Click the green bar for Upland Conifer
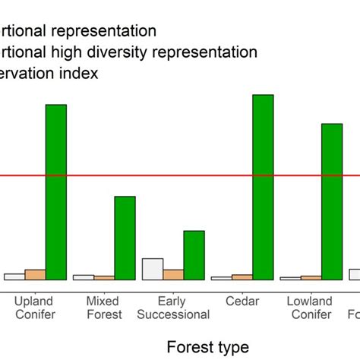click(56, 192)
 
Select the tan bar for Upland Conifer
click(35, 275)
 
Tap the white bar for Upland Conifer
click(14, 276)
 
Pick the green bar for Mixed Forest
click(125, 238)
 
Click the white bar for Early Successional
click(153, 270)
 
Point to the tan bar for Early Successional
click(173, 274)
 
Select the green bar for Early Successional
click(194, 255)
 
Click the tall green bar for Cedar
click(263, 187)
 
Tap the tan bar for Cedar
click(242, 277)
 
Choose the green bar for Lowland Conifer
click(332, 201)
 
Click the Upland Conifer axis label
click(35, 308)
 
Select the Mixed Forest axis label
click(103, 308)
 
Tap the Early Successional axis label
click(173, 308)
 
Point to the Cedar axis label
click(242, 302)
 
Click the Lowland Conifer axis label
click(311, 308)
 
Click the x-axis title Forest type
click(207, 346)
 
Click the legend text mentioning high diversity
click(129, 52)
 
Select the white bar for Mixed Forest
click(84, 277)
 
